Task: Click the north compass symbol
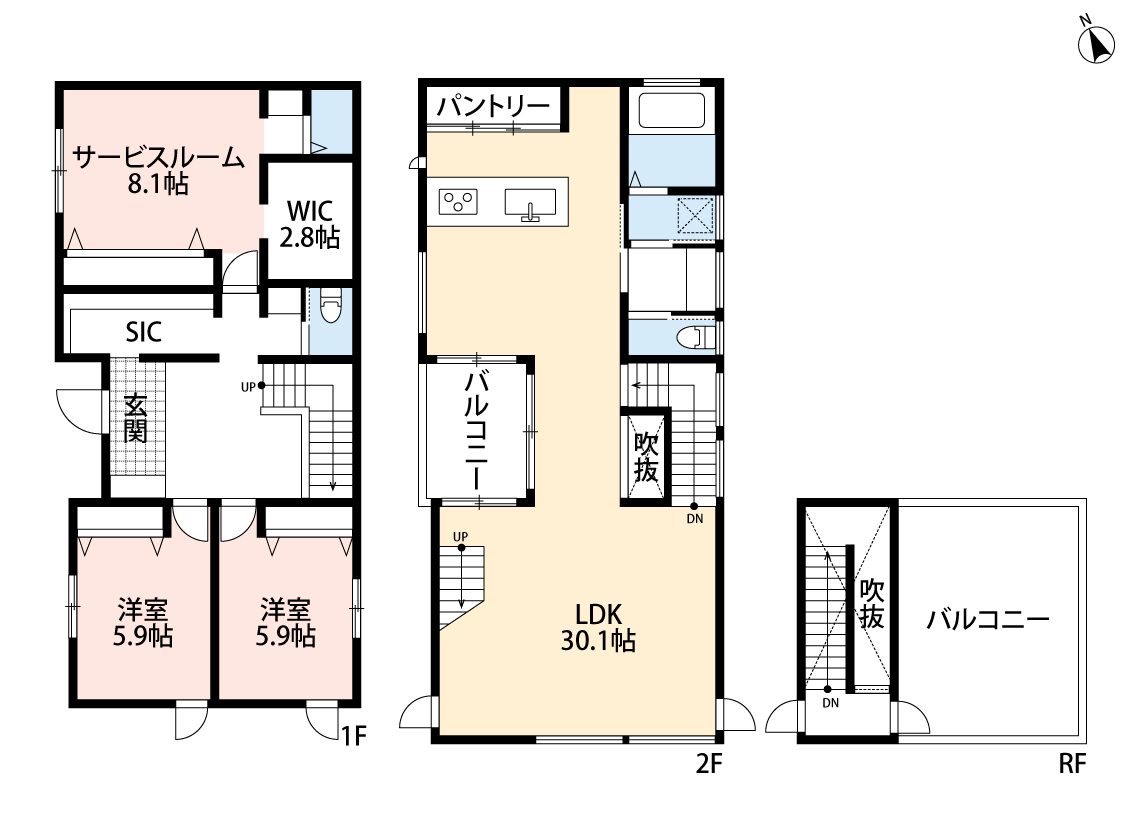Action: coord(1096,42)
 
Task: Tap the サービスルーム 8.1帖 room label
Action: coord(159,170)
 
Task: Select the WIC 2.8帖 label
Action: coord(309,225)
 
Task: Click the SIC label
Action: coord(143,331)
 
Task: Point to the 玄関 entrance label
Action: coord(135,419)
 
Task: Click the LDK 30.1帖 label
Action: coord(598,628)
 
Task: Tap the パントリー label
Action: coord(494,107)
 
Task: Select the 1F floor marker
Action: coord(353,736)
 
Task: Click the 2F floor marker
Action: coord(708,764)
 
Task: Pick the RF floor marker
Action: coord(1072,764)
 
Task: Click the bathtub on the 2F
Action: coord(672,110)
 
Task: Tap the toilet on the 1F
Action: coord(330,306)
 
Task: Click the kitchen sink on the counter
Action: coord(530,204)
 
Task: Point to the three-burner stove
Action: coord(458,201)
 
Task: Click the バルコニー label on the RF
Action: coord(988,619)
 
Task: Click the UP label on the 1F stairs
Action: coord(248,387)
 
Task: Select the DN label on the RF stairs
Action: coord(831,703)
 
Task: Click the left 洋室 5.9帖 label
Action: coord(143,623)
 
